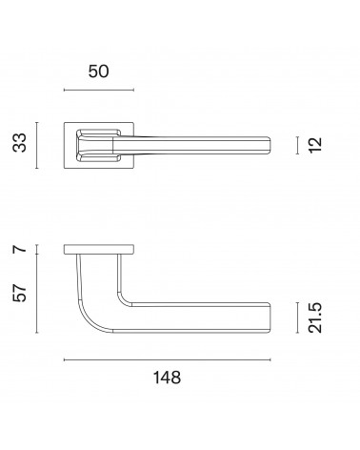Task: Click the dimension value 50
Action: tap(98, 72)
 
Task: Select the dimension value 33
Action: tap(20, 143)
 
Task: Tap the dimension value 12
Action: tap(315, 145)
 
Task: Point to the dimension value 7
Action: tap(20, 249)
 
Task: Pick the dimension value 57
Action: tap(20, 293)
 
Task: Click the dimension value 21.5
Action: tap(315, 317)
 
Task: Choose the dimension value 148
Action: tap(167, 378)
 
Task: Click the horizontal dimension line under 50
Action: tap(99, 90)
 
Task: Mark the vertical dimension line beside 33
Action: tap(37, 145)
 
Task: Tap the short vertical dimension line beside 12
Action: tap(297, 145)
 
